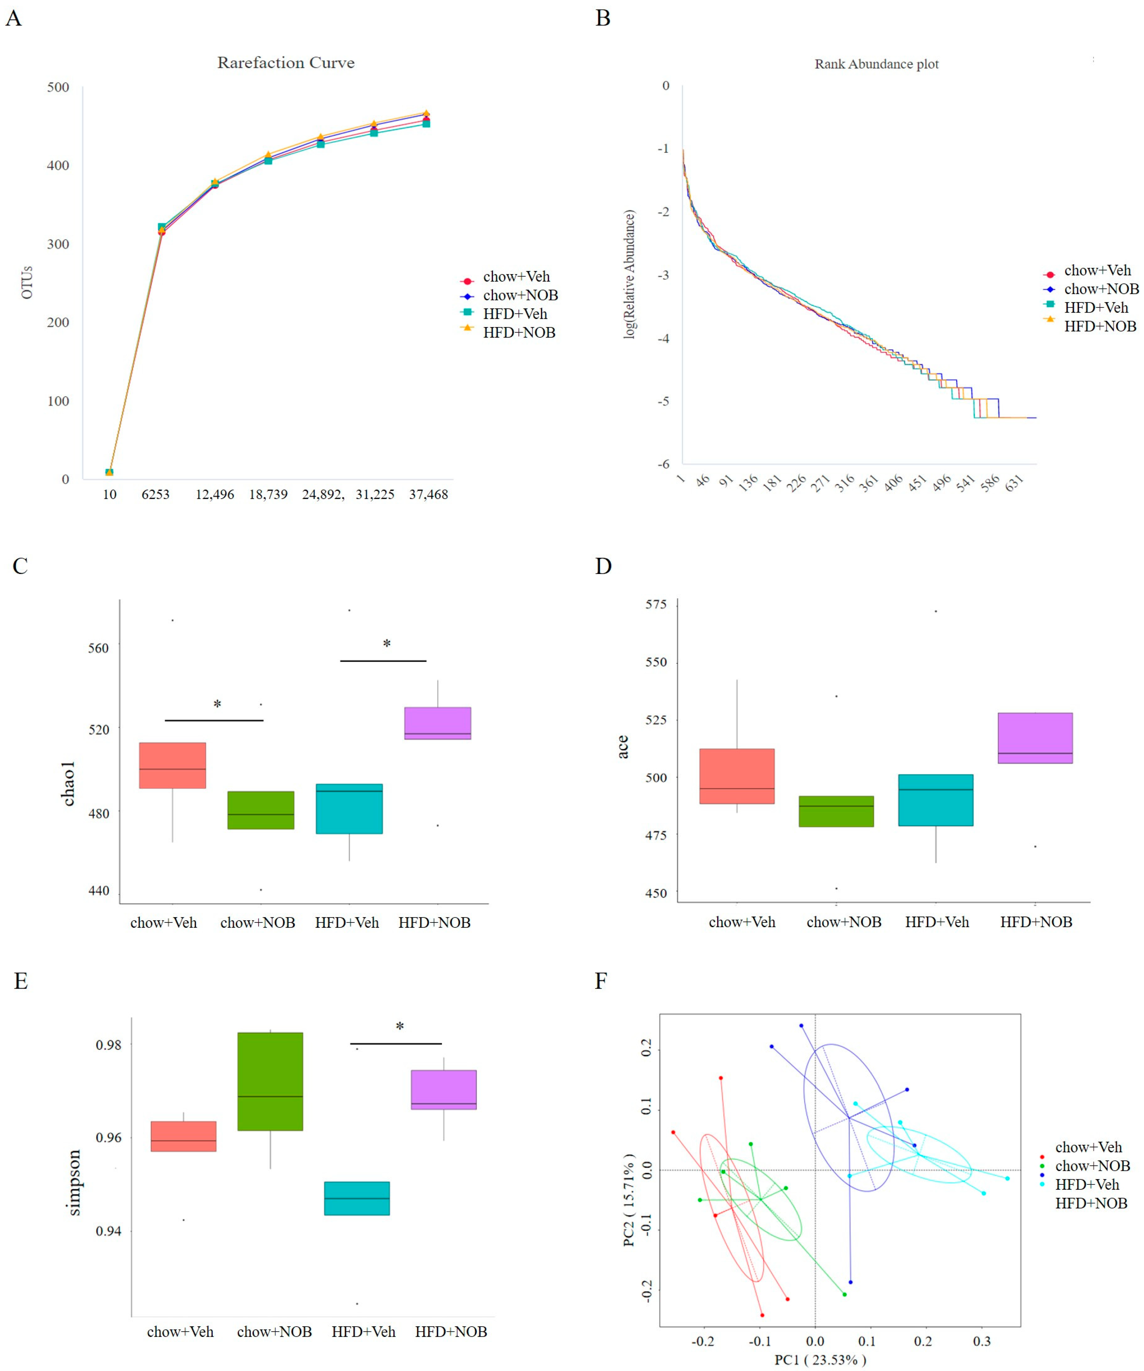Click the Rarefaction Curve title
tap(286, 63)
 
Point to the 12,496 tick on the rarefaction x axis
tap(215, 494)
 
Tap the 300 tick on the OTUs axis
tap(58, 244)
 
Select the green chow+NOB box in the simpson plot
tap(270, 1081)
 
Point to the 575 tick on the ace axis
tap(656, 604)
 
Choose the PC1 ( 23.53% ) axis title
tap(820, 1360)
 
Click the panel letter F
tap(601, 981)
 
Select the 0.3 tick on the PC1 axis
tap(982, 1341)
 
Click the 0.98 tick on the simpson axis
tap(108, 1045)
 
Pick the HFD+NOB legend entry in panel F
tap(1091, 1202)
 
